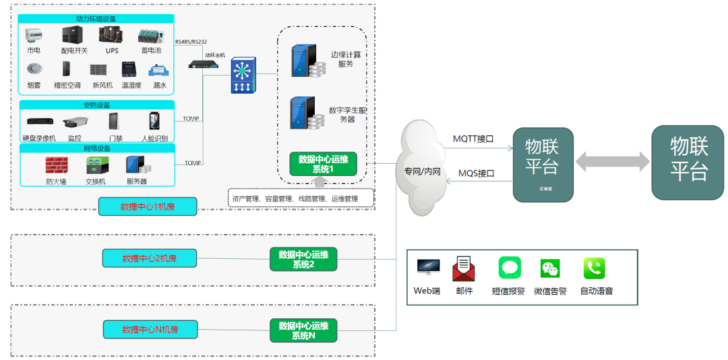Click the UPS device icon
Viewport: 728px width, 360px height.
[111, 35]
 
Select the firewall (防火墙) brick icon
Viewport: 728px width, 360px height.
[57, 164]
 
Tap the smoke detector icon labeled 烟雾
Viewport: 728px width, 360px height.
[34, 69]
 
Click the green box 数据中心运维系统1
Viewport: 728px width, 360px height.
[323, 164]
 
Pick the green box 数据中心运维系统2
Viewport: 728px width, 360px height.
[303, 260]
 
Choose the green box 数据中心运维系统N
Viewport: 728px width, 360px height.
[303, 330]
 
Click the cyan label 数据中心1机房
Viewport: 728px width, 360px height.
[148, 206]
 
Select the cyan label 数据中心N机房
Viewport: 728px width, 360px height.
[150, 330]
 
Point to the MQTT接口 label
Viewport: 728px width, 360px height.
[473, 139]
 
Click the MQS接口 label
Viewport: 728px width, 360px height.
[477, 173]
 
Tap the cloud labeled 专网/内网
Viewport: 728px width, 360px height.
[423, 169]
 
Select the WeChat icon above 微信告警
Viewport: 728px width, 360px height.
[550, 269]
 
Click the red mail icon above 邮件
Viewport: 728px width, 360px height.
[464, 268]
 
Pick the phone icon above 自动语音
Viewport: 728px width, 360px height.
[594, 268]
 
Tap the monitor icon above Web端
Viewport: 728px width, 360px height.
[427, 268]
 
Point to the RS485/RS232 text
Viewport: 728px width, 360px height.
[191, 42]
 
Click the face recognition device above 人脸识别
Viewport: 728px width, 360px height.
[154, 121]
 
